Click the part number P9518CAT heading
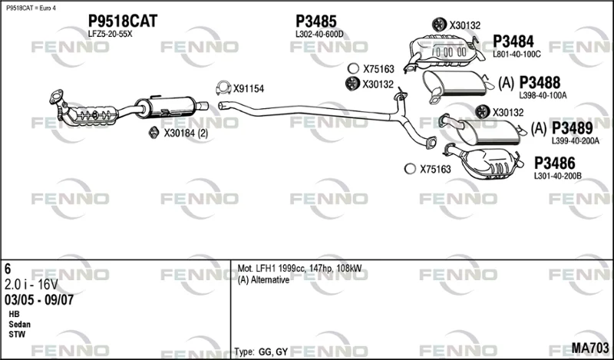[x=123, y=21]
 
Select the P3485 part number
[x=316, y=21]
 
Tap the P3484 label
[x=513, y=41]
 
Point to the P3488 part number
[x=540, y=83]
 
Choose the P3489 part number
[x=572, y=128]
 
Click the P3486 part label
[x=554, y=163]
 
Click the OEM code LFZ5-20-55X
[x=110, y=34]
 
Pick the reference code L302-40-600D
[x=319, y=35]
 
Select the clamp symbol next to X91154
[x=223, y=88]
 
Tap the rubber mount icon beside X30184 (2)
[x=153, y=133]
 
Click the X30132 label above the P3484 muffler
[x=465, y=25]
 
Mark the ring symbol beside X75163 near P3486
[x=410, y=169]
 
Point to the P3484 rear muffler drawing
[x=443, y=53]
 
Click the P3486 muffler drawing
[x=484, y=163]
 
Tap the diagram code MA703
[x=590, y=348]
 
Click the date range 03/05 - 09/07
[x=39, y=300]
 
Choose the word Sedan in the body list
[x=20, y=325]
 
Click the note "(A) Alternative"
[x=263, y=280]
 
